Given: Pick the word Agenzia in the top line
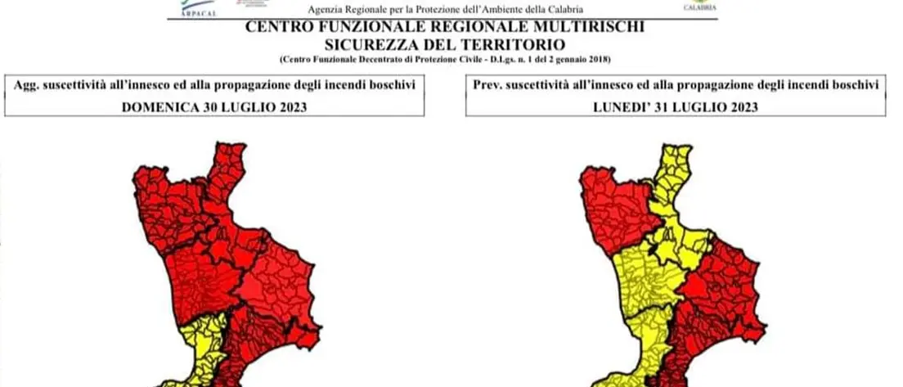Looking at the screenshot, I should tap(326, 9).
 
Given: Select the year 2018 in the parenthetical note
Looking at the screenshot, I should tap(600, 60).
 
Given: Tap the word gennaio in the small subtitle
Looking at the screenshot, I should tap(569, 60).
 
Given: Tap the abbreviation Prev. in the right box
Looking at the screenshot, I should tap(487, 84).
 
